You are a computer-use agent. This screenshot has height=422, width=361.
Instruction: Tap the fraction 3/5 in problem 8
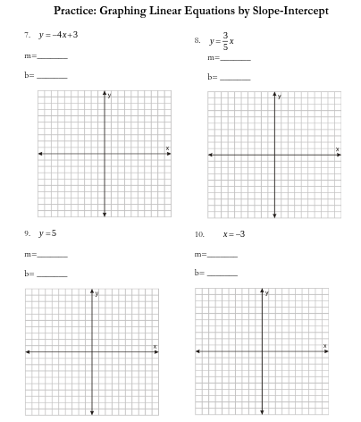coord(225,41)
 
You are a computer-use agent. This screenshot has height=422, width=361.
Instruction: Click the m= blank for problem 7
coord(52,56)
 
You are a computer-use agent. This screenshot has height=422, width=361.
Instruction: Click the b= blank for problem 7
coord(52,76)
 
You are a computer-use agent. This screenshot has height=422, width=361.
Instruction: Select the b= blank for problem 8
coord(236,78)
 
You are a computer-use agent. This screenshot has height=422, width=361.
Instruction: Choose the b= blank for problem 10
coord(222,274)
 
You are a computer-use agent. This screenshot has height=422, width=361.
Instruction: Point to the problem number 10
coord(198,233)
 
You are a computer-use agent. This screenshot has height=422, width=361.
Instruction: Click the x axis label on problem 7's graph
coord(167,148)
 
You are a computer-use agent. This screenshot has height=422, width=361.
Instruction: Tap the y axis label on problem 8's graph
coord(279,96)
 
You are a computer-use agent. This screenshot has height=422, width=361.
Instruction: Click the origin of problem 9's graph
coord(91,351)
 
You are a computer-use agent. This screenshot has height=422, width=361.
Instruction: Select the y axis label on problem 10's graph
coord(266,293)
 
